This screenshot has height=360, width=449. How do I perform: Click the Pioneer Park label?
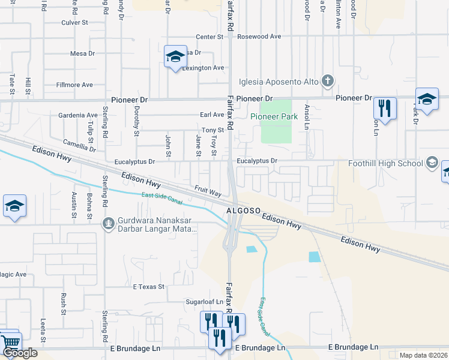point(274,117)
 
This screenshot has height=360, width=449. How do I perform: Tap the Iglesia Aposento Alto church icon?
point(327,80)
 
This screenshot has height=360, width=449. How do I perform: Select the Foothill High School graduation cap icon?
point(432,163)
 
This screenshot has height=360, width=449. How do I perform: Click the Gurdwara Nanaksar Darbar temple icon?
point(108,224)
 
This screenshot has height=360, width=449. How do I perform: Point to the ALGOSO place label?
point(243,212)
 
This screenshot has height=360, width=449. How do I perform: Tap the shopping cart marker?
point(10,344)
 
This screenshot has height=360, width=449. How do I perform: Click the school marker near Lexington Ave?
point(174,57)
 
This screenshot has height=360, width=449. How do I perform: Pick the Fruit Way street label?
point(208,190)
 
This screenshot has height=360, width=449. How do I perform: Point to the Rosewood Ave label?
point(259,37)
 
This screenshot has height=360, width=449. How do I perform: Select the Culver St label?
point(75,23)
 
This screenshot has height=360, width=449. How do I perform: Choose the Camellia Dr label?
point(79,145)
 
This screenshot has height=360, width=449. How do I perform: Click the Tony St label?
point(212,130)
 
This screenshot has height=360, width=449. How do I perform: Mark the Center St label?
point(209,37)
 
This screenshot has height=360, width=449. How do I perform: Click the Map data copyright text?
point(424,355)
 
